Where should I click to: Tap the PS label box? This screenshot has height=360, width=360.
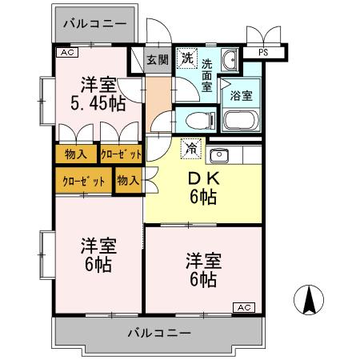[262, 53]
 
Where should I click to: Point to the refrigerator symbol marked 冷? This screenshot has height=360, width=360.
[190, 147]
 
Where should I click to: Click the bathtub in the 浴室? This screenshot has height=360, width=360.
[241, 121]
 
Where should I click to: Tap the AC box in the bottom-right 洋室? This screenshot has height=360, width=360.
[243, 307]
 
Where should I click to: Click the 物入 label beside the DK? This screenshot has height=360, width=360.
[128, 180]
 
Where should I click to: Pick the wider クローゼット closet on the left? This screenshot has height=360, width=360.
[84, 180]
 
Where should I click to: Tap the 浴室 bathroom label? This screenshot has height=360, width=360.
[241, 94]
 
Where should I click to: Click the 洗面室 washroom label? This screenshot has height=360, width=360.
[207, 75]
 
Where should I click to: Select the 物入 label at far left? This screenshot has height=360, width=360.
[76, 154]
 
